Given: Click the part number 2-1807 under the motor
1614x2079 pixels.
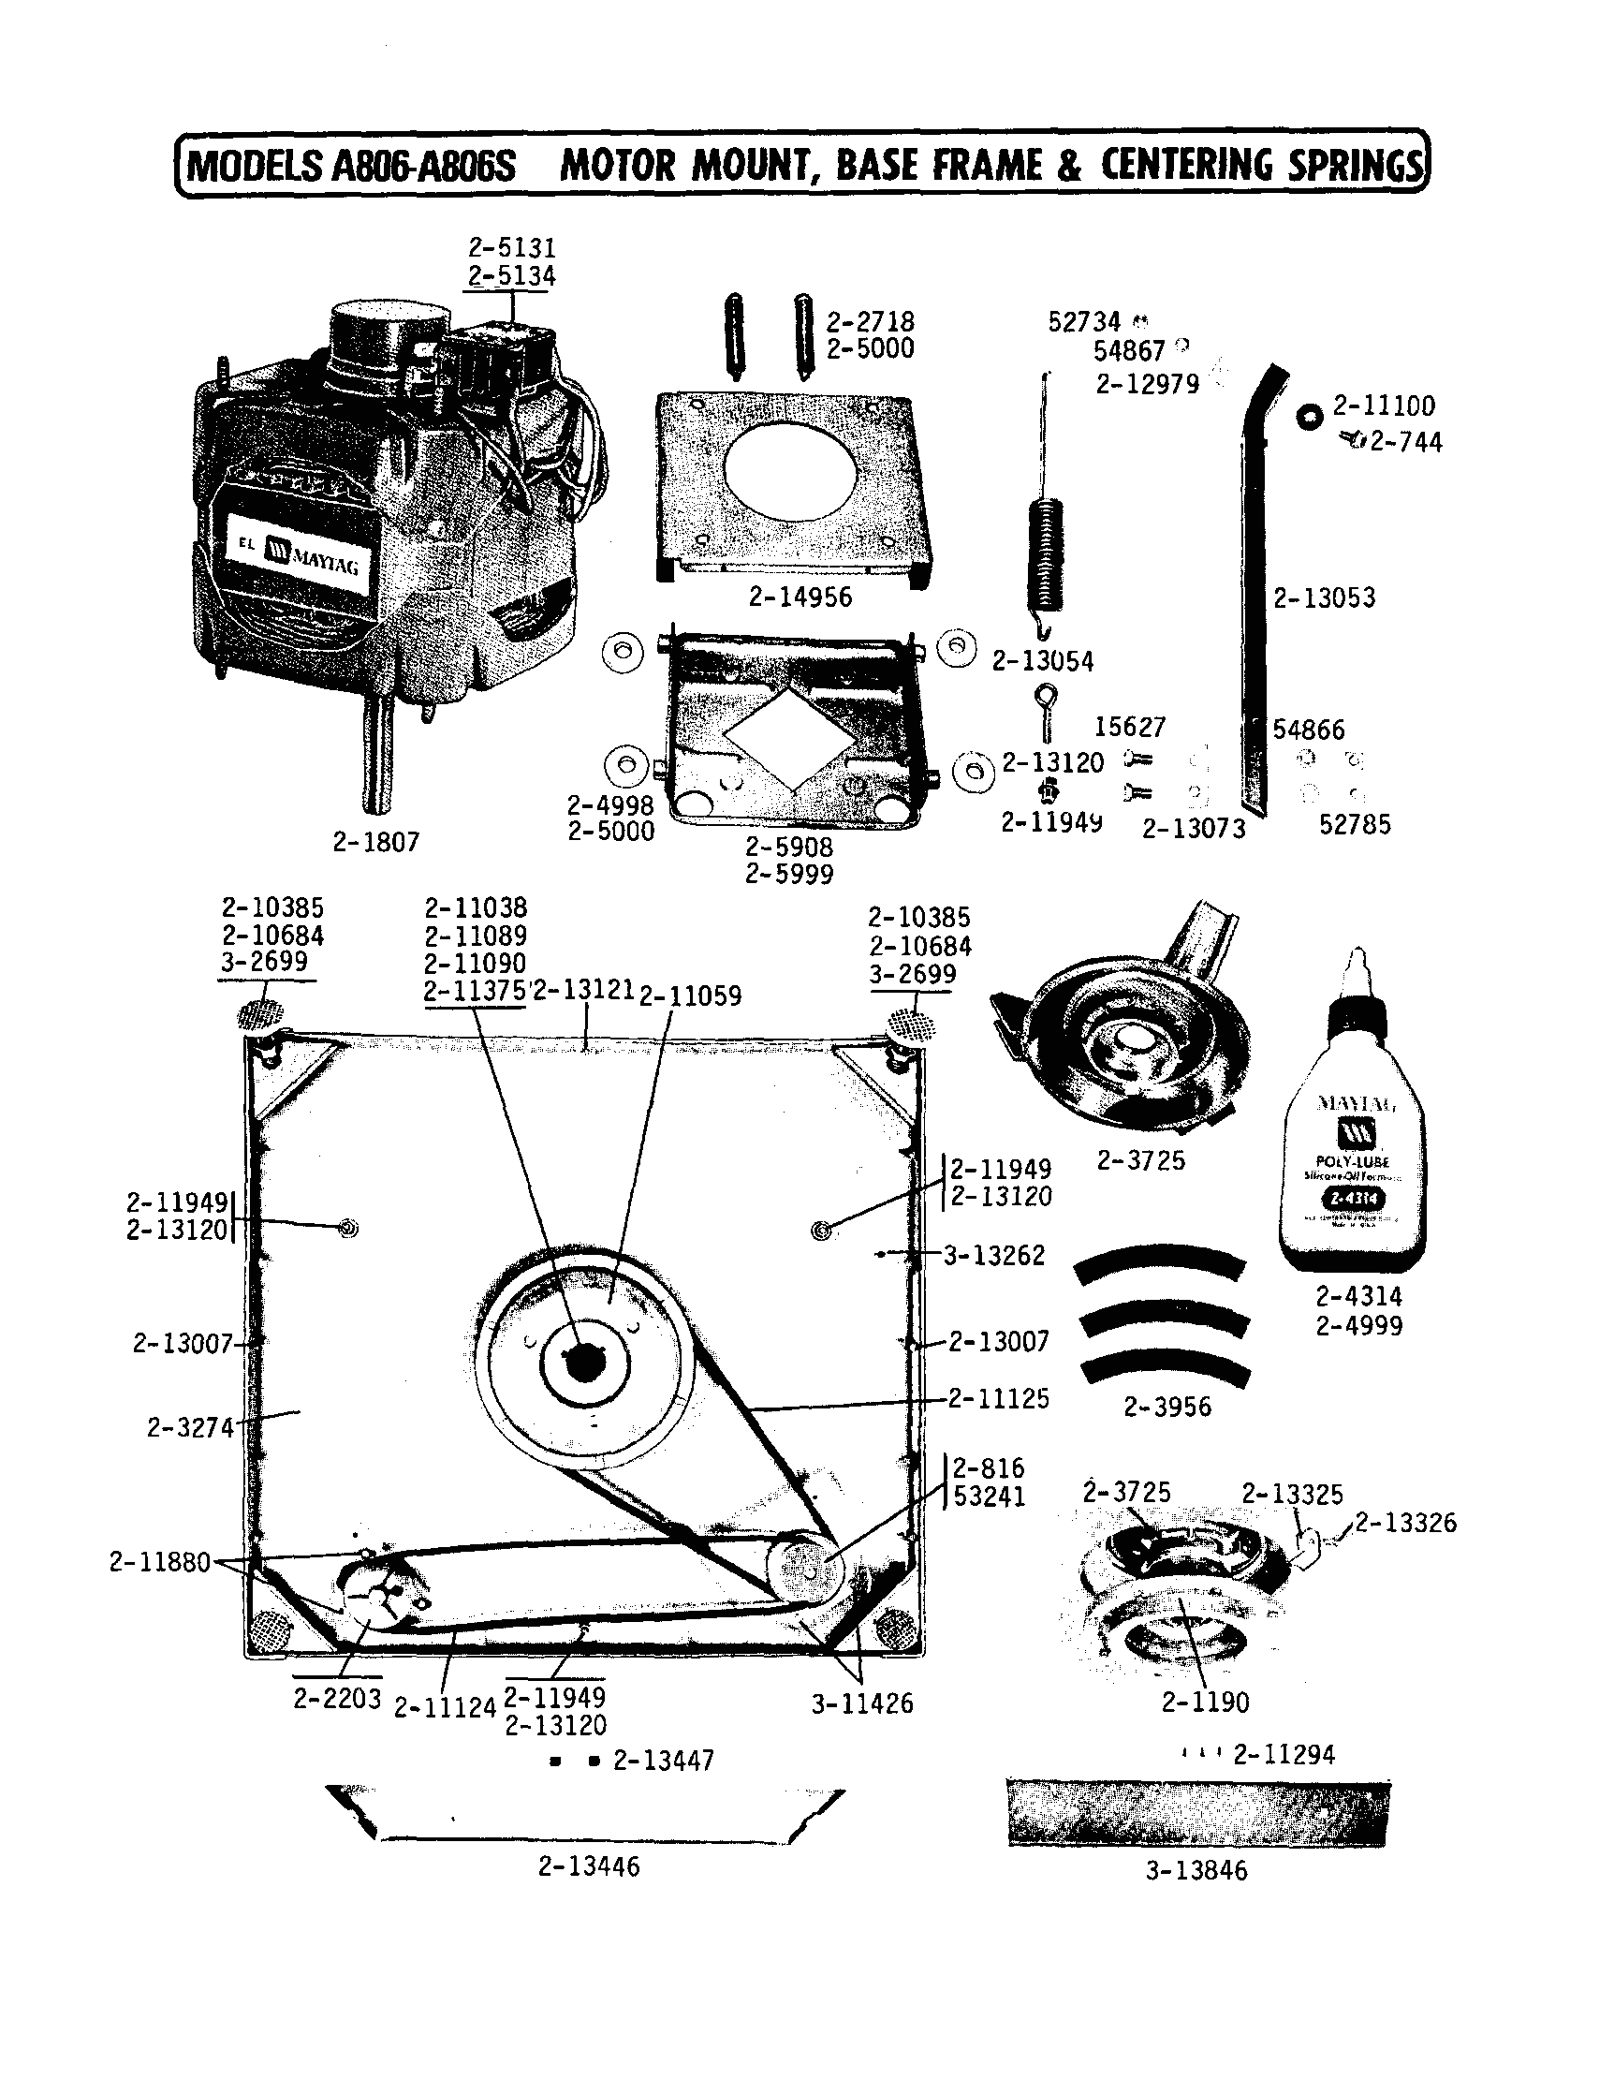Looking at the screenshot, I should pos(376,842).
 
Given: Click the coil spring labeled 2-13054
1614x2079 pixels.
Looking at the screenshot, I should pos(1046,553).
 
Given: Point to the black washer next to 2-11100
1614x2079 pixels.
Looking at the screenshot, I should pos(1310,416).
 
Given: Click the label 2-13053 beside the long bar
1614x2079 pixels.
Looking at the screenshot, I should pos(1324,597).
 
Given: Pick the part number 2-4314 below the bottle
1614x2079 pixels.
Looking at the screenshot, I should pos(1358,1295).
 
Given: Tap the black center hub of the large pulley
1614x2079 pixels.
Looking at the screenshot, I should pos(581,1364).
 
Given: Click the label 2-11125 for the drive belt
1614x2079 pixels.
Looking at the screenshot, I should pos(997,1398).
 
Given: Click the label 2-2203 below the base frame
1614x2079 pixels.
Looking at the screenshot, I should pos(337,1698).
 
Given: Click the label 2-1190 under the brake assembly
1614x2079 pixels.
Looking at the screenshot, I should pos(1204,1701).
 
